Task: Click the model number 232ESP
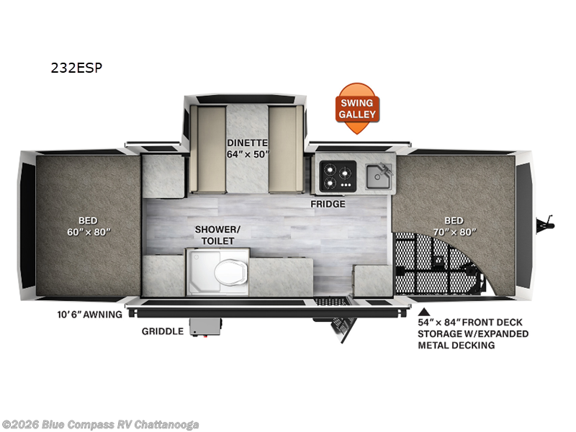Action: pos(76,68)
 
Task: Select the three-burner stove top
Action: pos(338,176)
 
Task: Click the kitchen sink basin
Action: pos(378,176)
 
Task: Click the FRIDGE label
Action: pos(328,204)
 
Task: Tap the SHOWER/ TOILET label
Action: pos(217,235)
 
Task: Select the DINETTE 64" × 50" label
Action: pos(247,148)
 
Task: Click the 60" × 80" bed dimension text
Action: pos(89,232)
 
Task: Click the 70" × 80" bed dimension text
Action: pos(454,232)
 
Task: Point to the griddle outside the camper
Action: pos(206,327)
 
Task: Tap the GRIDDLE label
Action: pos(163,331)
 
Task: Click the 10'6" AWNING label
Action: pos(89,315)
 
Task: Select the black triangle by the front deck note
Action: pos(424,312)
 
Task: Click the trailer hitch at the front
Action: pos(546,224)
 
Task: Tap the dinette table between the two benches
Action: pos(247,149)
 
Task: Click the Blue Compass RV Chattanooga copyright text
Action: pos(100,425)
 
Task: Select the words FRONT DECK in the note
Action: pos(492,322)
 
